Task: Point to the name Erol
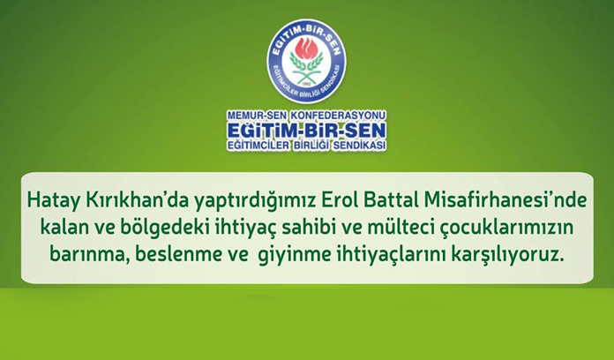(339, 199)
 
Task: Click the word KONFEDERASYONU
(338, 116)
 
